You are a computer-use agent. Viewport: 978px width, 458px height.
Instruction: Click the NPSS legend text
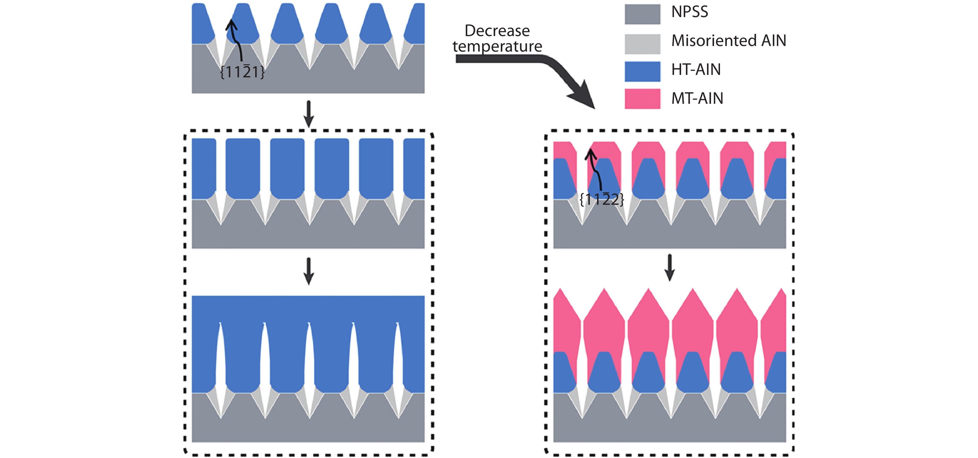tap(690, 12)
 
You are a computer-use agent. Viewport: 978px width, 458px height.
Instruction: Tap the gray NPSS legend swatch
tap(642, 14)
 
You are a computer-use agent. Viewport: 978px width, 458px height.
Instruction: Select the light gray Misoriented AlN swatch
tap(642, 43)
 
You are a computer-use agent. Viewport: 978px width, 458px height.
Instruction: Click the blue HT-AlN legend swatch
tap(642, 71)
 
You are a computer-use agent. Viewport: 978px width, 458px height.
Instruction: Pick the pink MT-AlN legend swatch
tap(642, 99)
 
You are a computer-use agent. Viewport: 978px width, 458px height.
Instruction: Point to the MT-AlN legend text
tap(697, 99)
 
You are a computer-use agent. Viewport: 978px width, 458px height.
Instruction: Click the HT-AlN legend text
tap(695, 70)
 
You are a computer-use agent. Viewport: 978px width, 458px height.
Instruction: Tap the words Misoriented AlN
tap(728, 41)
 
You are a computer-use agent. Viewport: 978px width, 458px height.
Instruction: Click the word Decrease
tap(497, 31)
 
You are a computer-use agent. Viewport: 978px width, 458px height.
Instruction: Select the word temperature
tap(497, 47)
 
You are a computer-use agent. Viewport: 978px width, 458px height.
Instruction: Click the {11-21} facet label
tap(242, 72)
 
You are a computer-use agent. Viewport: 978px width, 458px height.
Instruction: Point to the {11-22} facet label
tap(602, 199)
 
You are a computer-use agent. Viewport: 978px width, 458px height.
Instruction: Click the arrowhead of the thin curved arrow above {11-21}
tap(231, 24)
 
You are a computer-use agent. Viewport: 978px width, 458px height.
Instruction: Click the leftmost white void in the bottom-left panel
tap(220, 357)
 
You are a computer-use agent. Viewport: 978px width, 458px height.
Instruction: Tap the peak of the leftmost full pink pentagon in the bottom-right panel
tap(604, 290)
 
